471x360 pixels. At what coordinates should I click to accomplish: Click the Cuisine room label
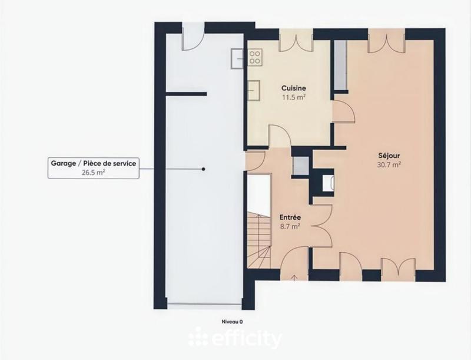pyautogui.click(x=293, y=88)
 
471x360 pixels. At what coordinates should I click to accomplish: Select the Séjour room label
pyautogui.click(x=389, y=156)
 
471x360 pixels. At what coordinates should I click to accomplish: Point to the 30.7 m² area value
pyautogui.click(x=389, y=165)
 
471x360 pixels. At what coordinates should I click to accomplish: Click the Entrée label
pyautogui.click(x=290, y=217)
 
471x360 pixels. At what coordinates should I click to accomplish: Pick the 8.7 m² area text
pyautogui.click(x=290, y=226)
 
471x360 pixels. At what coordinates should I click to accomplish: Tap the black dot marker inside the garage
pyautogui.click(x=203, y=169)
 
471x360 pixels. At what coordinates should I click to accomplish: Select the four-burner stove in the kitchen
pyautogui.click(x=256, y=57)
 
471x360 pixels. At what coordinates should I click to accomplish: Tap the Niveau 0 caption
pyautogui.click(x=232, y=322)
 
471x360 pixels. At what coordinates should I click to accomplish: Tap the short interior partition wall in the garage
pyautogui.click(x=186, y=94)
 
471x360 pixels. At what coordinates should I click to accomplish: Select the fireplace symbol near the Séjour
pyautogui.click(x=329, y=182)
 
